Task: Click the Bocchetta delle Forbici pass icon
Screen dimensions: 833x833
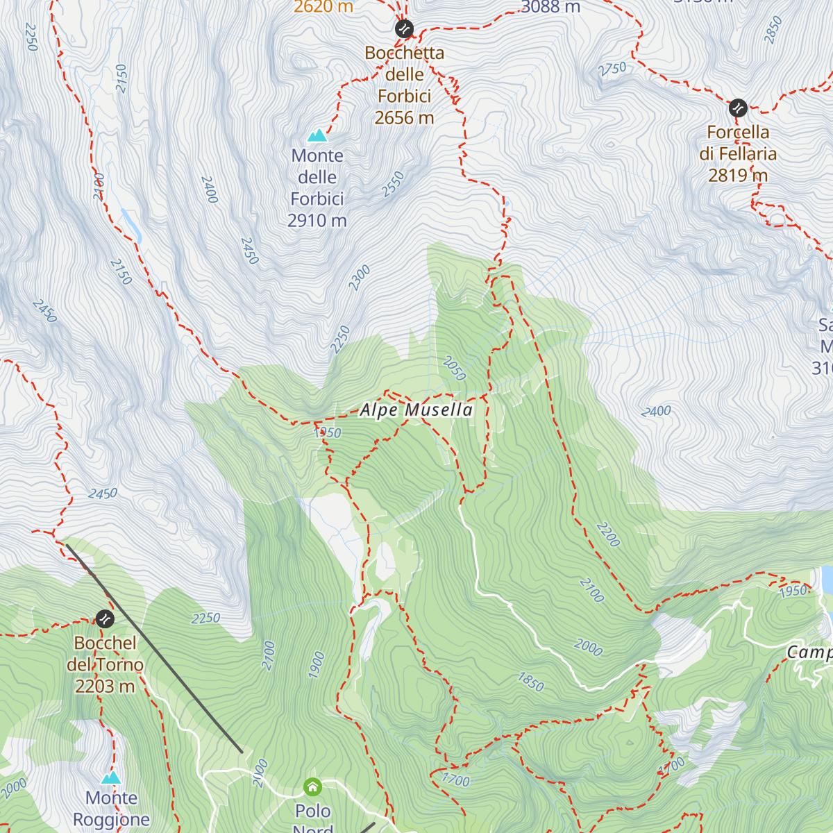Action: tap(404, 29)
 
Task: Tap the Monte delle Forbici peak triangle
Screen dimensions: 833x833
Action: tap(317, 135)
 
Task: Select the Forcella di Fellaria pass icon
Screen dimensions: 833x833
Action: tap(738, 108)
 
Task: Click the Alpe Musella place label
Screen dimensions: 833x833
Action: tap(416, 410)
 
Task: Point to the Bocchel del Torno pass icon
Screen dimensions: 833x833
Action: tap(105, 618)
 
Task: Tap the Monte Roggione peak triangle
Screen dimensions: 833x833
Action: tap(111, 777)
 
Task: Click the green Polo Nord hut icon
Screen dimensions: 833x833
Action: tap(313, 787)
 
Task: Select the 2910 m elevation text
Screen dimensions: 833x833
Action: tap(317, 221)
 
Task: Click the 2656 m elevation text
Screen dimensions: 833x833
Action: tap(404, 118)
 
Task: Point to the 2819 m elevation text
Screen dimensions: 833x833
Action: tap(738, 176)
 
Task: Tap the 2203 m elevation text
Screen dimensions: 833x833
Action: tap(105, 687)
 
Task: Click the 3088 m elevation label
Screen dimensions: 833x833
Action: tap(550, 8)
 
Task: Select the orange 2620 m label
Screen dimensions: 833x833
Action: tap(323, 7)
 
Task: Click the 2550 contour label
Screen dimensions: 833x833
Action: tap(393, 185)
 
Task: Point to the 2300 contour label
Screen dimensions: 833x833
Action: tap(360, 278)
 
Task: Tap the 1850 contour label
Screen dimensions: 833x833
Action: tap(531, 682)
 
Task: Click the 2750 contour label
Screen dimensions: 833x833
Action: tap(612, 69)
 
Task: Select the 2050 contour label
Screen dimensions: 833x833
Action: tap(454, 369)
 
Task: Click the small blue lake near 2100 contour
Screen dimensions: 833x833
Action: tap(131, 224)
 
